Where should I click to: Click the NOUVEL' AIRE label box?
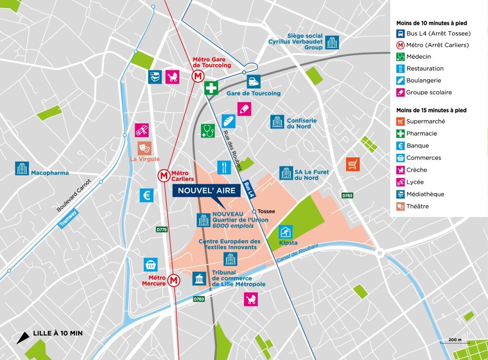[206, 190]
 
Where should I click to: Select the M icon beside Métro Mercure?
[174, 280]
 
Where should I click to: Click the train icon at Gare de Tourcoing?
[253, 82]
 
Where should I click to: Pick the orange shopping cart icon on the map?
[353, 164]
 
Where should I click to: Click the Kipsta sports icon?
[286, 232]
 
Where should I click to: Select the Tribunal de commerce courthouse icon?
[199, 279]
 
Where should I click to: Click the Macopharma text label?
[50, 173]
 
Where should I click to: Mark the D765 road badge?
[347, 195]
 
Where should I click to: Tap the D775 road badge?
[161, 230]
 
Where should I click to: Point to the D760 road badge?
[199, 299]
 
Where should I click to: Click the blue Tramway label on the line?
[68, 218]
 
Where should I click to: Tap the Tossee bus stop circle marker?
[254, 211]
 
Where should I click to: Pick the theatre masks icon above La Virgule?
[145, 148]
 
